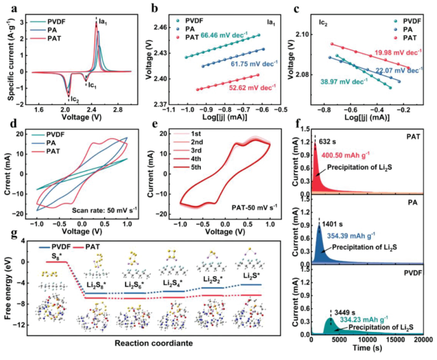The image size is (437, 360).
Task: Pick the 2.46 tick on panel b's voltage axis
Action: (165, 27)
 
